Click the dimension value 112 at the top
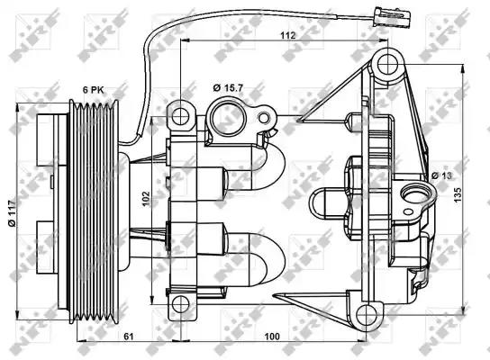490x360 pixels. coord(286,35)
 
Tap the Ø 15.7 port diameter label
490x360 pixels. coord(228,87)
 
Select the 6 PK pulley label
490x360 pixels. coord(95,90)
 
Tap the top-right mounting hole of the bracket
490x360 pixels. coord(388,63)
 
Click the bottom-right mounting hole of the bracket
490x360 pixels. coord(367,314)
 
